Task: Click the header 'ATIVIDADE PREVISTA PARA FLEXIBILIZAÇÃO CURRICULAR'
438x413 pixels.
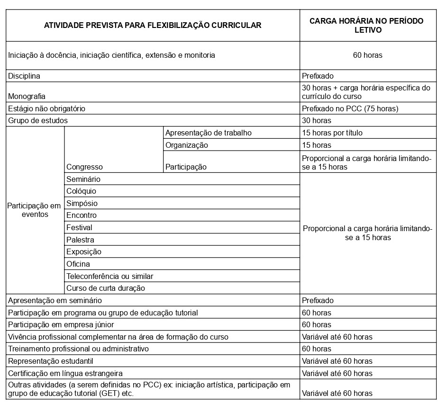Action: coord(152,26)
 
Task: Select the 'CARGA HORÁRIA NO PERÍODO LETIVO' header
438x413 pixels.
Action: coord(368,26)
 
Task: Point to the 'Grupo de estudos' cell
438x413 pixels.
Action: coord(38,120)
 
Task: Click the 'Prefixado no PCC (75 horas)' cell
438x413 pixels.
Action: coord(350,108)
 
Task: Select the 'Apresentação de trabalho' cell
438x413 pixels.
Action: coord(208,133)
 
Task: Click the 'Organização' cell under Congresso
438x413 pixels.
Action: coord(186,145)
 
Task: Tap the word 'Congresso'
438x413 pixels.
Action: coord(84,167)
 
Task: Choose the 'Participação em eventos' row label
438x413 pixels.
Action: coord(35,210)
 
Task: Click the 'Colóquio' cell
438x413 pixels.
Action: coord(81,191)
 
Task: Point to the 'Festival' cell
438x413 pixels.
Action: coord(79,227)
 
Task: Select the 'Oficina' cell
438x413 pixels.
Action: coord(78,264)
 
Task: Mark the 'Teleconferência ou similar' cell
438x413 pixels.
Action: coord(109,276)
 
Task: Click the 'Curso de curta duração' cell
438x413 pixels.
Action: coord(105,288)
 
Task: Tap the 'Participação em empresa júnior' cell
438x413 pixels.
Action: coord(61,325)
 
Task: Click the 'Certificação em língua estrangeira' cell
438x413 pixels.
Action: coord(65,373)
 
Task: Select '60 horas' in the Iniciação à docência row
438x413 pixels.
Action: coord(367,55)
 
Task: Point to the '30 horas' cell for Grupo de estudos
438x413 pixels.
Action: coord(316,120)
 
